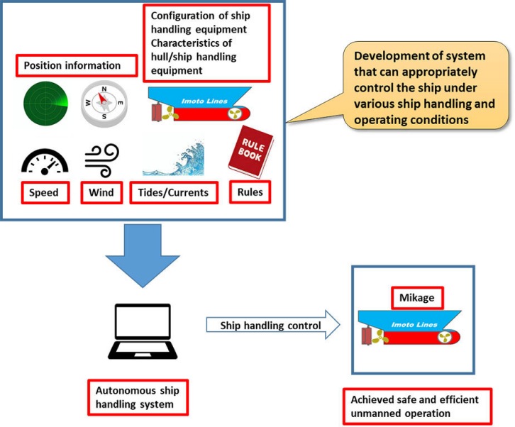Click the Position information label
pos(78,66)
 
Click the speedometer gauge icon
pos(45,162)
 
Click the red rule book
pos(245,152)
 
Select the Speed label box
pos(44,192)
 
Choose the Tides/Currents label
pos(173,193)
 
